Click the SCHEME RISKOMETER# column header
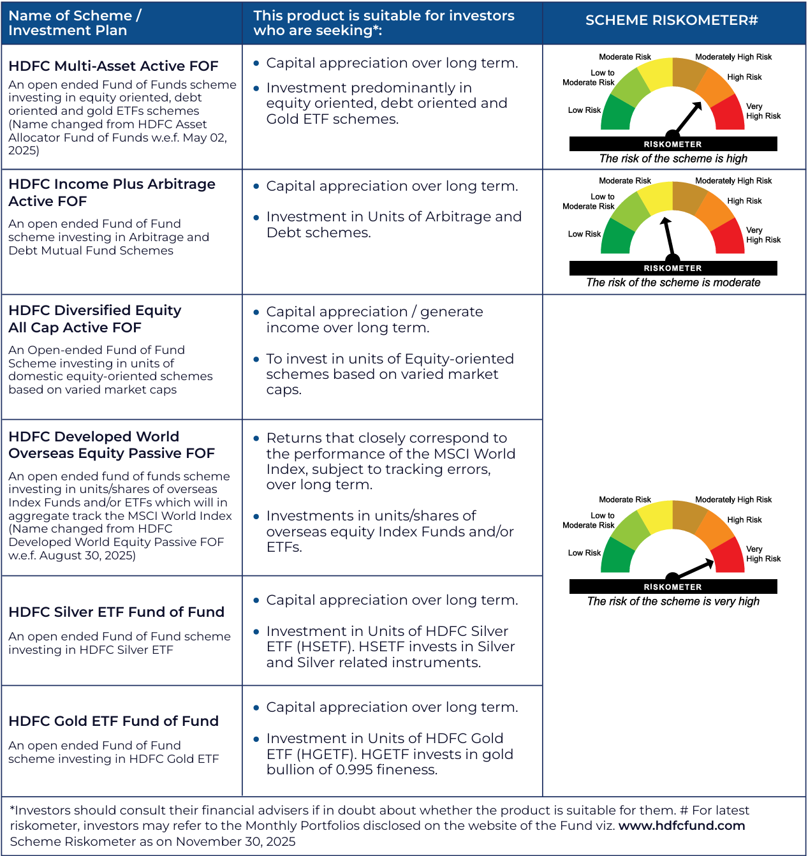coord(672,20)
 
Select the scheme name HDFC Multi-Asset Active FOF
coord(114,66)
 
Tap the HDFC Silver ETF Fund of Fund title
coord(116,612)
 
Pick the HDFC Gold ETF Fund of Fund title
coord(114,721)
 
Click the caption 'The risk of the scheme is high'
coord(673,159)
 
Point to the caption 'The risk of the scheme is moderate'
coord(673,283)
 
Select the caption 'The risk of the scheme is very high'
coord(673,601)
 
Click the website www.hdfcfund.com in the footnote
coord(682,826)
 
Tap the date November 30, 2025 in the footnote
coord(236,841)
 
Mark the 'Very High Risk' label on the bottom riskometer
coord(763,554)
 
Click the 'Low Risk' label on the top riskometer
coord(584,110)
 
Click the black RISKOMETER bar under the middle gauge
coord(673,269)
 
